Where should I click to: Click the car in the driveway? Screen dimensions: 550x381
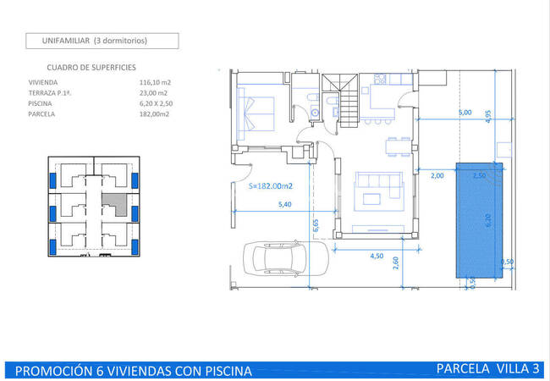[x=286, y=258]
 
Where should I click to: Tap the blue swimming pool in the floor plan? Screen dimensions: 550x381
[x=479, y=220]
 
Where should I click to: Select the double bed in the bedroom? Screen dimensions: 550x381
[x=256, y=113]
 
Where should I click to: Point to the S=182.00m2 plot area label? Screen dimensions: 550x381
[x=271, y=186]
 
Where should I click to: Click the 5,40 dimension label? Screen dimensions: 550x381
[x=285, y=204]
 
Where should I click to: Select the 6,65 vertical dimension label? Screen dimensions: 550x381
[x=316, y=225]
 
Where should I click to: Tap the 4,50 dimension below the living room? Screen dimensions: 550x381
[x=377, y=256]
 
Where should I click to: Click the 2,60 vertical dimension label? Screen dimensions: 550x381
[x=396, y=262]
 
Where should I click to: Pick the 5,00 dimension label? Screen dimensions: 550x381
[x=465, y=113]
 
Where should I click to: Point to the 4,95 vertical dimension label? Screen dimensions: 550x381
[x=488, y=117]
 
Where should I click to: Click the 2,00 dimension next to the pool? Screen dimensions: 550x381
[x=437, y=175]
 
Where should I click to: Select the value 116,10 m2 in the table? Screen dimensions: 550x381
[x=155, y=82]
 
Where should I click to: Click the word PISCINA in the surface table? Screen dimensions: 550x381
[x=40, y=103]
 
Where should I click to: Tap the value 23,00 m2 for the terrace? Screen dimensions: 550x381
[x=153, y=93]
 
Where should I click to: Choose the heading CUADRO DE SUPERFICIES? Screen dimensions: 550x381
[x=91, y=68]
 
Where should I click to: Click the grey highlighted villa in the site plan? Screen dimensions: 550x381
[x=115, y=204]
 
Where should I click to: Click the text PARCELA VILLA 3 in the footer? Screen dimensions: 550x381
[x=488, y=368]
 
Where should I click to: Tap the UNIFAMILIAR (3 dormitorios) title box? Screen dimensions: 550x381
[x=102, y=41]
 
